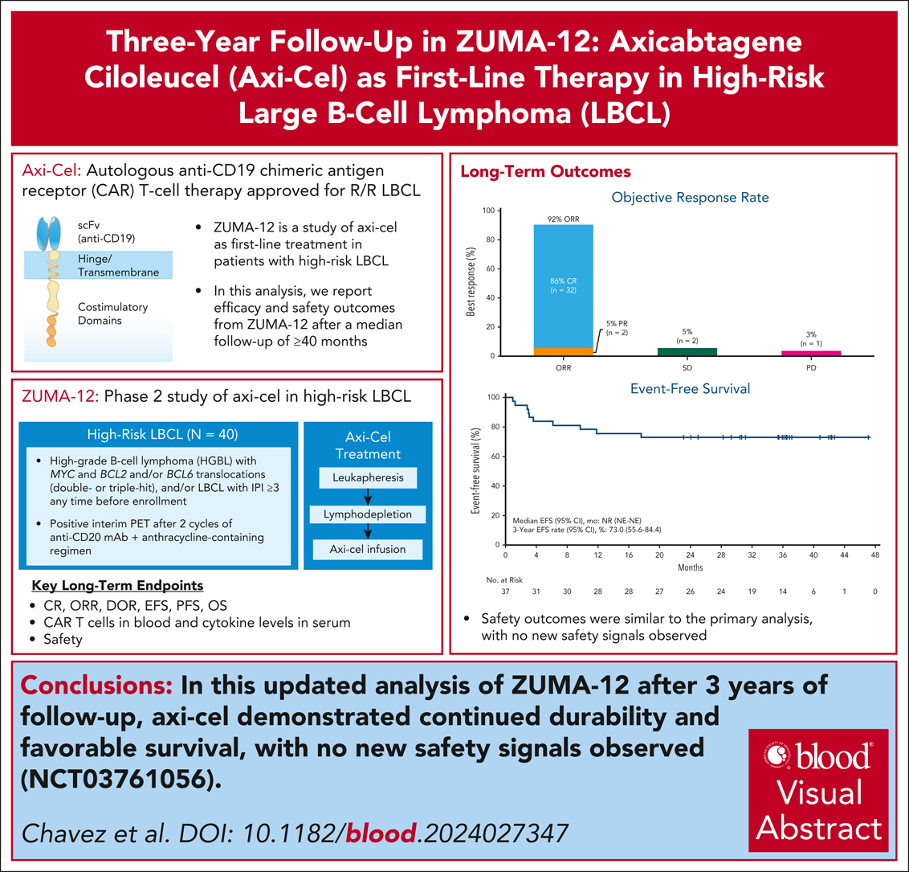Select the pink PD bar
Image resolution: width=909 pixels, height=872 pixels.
tap(813, 353)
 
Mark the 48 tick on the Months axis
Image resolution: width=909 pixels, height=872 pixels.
tap(874, 555)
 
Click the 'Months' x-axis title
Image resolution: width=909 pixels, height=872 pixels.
tap(689, 567)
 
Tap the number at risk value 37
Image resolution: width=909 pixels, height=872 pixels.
tap(505, 592)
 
